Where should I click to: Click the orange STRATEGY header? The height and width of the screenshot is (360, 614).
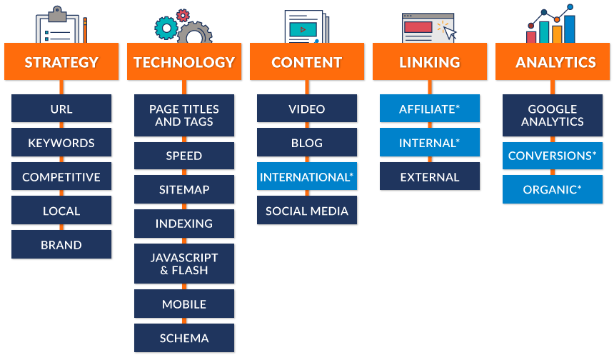click(x=61, y=61)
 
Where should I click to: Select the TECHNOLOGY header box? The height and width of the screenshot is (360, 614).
click(x=184, y=61)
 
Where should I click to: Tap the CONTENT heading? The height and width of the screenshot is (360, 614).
click(x=307, y=61)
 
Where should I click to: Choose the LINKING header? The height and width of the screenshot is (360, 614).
click(x=430, y=61)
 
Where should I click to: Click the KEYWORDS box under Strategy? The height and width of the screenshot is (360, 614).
click(x=61, y=143)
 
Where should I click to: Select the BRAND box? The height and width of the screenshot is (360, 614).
click(x=61, y=244)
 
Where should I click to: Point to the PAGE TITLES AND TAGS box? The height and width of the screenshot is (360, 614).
click(x=184, y=115)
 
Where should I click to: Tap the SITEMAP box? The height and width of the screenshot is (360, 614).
click(x=184, y=189)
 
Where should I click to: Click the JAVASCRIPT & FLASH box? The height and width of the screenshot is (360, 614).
click(x=184, y=264)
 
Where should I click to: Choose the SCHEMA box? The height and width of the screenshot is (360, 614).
click(x=184, y=338)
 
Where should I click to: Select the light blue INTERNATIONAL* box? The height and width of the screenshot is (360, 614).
click(x=307, y=176)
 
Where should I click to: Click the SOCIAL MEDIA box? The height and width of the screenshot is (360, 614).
click(x=307, y=211)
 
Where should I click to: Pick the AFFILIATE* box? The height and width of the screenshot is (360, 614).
click(x=430, y=109)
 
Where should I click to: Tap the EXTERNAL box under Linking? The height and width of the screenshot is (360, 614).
click(x=430, y=176)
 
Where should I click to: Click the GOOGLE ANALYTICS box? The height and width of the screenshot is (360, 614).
click(x=553, y=115)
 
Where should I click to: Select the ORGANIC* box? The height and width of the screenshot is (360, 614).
click(x=553, y=189)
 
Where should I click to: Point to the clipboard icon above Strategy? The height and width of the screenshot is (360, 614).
click(x=61, y=26)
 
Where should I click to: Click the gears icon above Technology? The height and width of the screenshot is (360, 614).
click(x=183, y=26)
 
